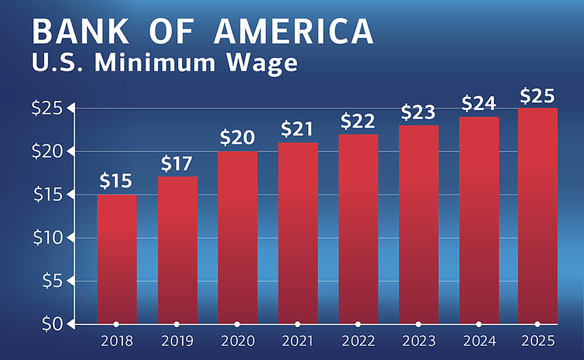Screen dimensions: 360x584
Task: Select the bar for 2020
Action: click(237, 237)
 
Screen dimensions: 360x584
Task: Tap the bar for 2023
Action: click(418, 224)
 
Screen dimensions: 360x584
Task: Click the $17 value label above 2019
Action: click(177, 165)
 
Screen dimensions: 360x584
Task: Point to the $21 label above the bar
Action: click(297, 129)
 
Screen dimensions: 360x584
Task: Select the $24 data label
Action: click(479, 104)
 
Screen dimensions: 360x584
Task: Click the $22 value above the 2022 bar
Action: click(358, 121)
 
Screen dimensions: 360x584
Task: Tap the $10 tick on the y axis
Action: click(49, 238)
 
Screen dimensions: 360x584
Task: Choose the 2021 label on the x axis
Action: click(297, 341)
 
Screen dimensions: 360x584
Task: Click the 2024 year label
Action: click(479, 341)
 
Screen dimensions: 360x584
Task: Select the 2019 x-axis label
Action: click(177, 341)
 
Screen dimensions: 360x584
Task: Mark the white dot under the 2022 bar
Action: click(358, 324)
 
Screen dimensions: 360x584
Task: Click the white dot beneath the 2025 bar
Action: click(537, 324)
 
